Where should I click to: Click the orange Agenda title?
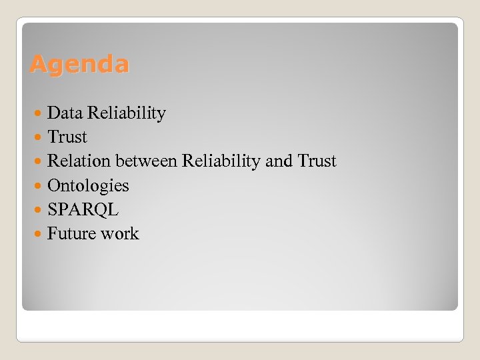pyautogui.click(x=79, y=65)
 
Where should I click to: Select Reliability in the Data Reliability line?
pyautogui.click(x=126, y=113)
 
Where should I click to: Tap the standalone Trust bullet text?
pyautogui.click(x=67, y=137)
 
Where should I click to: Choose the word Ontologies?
pyautogui.click(x=88, y=186)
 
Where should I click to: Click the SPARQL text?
pyautogui.click(x=83, y=209)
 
